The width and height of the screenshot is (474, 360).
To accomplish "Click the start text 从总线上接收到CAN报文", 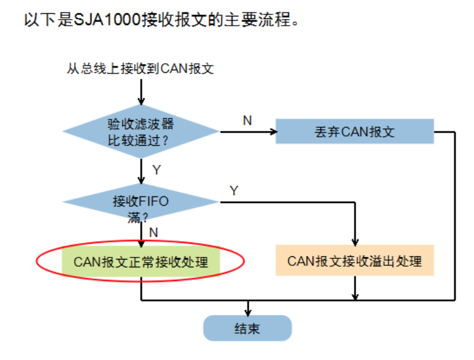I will pos(140,68).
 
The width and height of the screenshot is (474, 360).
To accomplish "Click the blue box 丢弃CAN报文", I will pos(355,131).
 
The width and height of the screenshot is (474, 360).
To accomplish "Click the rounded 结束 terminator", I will pos(247,328).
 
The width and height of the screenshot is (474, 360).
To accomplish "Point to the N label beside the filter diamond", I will pos(247,121).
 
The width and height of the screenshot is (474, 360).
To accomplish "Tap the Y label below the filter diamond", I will pos(156,170).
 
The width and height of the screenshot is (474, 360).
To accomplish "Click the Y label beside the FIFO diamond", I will pos(234,191).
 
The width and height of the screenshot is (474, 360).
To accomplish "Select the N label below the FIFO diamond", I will pos(154,232).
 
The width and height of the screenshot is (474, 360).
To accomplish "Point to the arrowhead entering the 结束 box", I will pos(247,311).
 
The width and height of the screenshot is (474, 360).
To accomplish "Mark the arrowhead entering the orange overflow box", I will pos(355,242).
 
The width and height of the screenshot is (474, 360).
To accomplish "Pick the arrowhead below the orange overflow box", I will pos(355,296).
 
